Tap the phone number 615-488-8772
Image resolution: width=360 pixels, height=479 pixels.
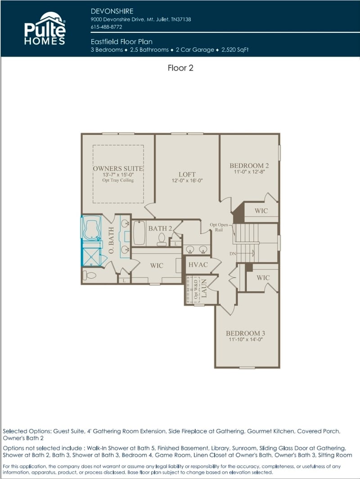[107, 27]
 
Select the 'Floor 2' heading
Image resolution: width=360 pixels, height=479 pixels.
[180, 68]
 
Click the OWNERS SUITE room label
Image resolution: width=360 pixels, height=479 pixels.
[118, 168]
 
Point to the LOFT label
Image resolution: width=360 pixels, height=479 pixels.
[187, 174]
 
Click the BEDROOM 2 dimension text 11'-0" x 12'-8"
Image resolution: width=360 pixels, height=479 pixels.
[249, 172]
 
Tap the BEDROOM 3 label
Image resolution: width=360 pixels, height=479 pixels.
[245, 333]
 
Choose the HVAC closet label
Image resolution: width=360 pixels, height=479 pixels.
[198, 264]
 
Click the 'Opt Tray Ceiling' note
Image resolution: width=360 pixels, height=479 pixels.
[118, 180]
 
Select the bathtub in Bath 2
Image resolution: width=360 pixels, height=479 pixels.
[139, 233]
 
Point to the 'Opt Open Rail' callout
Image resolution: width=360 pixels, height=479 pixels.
[219, 227]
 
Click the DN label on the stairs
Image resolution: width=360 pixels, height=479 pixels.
[233, 254]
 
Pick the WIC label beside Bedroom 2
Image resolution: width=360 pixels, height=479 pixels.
[261, 210]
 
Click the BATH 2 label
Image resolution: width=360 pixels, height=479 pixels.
[160, 228]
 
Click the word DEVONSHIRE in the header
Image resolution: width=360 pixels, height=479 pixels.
[112, 10]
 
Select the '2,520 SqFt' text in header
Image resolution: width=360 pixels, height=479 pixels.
[235, 50]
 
